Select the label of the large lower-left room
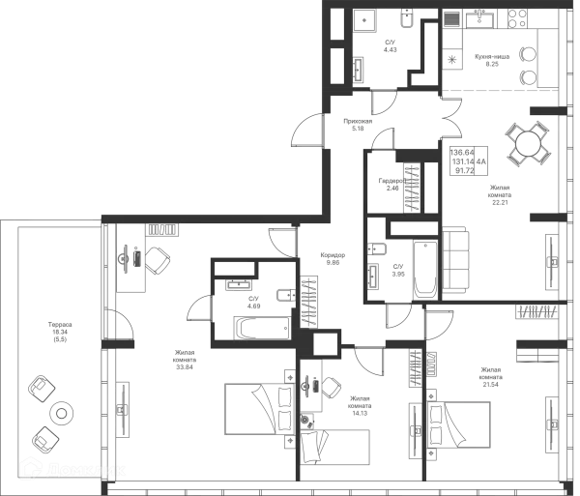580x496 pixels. pyautogui.click(x=183, y=358)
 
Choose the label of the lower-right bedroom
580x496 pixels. pyautogui.click(x=489, y=373)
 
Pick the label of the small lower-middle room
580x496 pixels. pyautogui.click(x=360, y=403)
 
